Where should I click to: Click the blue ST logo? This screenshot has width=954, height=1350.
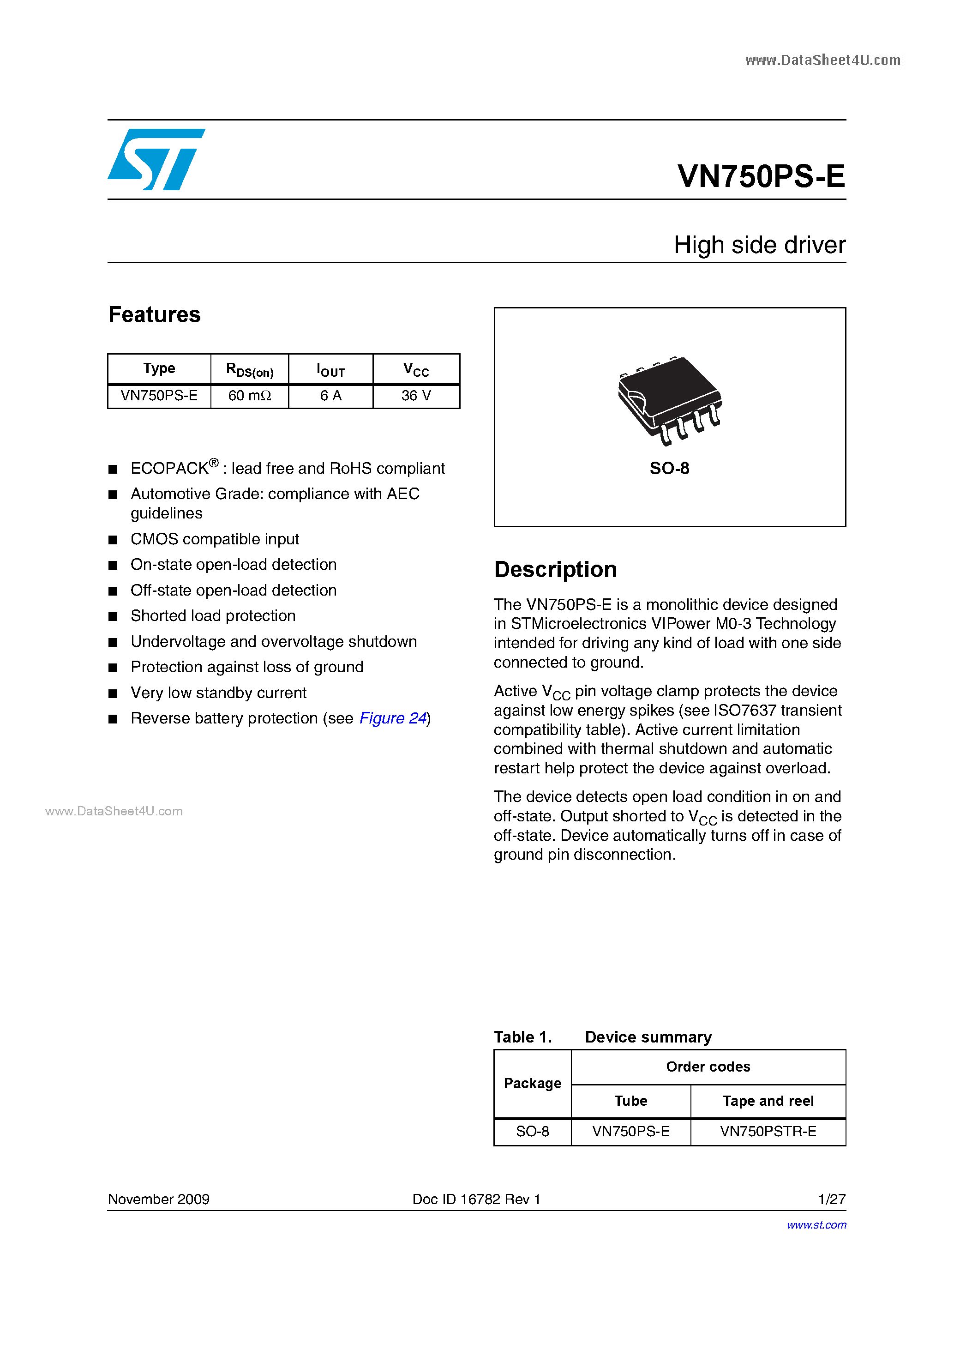tap(156, 159)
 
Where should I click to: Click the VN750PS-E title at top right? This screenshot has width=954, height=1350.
tap(761, 176)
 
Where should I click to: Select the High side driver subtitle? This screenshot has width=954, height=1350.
tap(759, 245)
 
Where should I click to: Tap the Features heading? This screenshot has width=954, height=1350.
tap(155, 314)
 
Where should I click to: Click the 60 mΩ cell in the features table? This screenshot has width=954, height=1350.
tap(249, 396)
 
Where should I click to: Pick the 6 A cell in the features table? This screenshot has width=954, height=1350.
tap(330, 396)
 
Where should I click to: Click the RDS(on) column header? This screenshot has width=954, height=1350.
tap(249, 369)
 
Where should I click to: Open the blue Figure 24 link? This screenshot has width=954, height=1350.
tap(393, 718)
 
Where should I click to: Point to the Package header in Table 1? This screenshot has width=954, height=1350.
tap(532, 1083)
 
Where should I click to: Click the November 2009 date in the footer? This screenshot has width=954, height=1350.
tap(159, 1199)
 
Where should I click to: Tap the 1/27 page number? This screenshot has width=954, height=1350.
tap(831, 1199)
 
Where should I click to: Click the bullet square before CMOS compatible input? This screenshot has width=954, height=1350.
tap(114, 540)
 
